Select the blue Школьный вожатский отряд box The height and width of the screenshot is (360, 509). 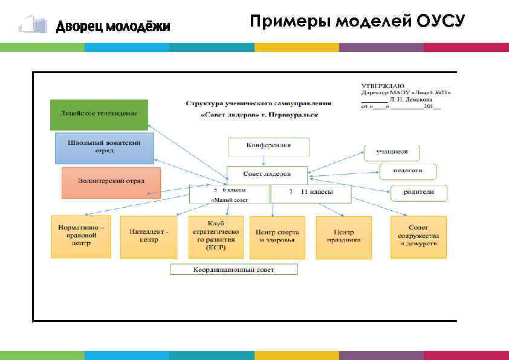pyautogui.click(x=105, y=148)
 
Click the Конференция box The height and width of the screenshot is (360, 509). pyautogui.click(x=268, y=147)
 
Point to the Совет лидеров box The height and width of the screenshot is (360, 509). pyautogui.click(x=267, y=174)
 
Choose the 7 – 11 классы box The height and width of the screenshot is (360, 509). pyautogui.click(x=311, y=193)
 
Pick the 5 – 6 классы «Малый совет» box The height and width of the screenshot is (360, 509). pyautogui.click(x=229, y=193)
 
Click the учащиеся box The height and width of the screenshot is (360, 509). pyautogui.click(x=392, y=152)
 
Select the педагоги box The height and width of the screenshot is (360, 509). pyautogui.click(x=408, y=171)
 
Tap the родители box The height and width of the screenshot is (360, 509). pyautogui.click(x=419, y=192)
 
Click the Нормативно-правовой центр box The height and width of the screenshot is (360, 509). pyautogui.click(x=81, y=236)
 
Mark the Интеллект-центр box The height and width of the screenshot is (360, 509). pyautogui.click(x=149, y=236)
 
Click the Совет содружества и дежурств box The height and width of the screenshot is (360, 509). pyautogui.click(x=418, y=236)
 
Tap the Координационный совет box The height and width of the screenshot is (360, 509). pyautogui.click(x=234, y=269)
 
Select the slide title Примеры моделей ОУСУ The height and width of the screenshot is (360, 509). pyautogui.click(x=357, y=22)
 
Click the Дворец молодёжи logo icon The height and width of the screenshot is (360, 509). pyautogui.click(x=33, y=25)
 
